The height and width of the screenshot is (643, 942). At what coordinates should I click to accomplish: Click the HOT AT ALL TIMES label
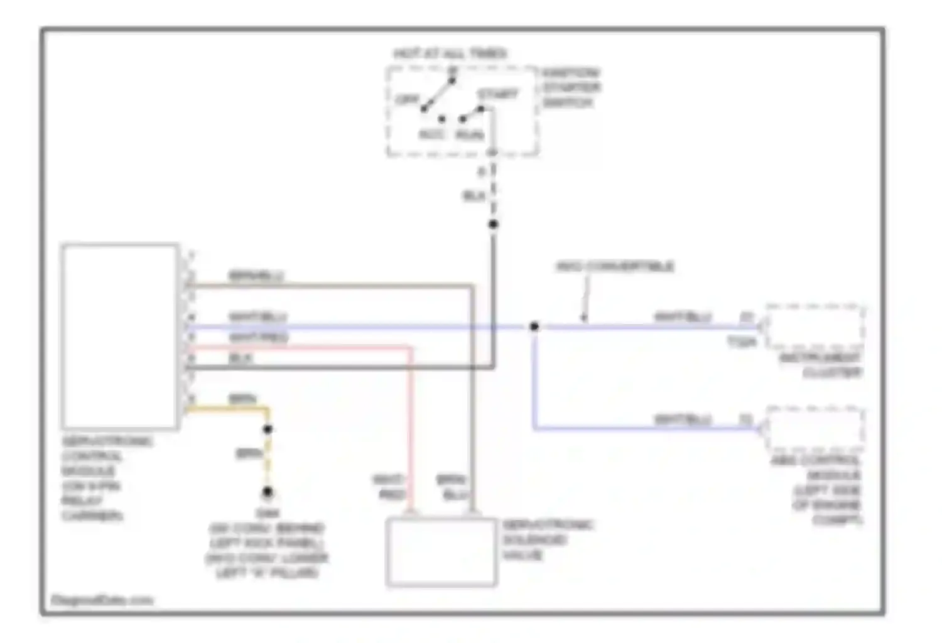pyautogui.click(x=450, y=53)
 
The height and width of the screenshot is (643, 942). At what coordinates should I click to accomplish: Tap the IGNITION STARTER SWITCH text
pyautogui.click(x=571, y=87)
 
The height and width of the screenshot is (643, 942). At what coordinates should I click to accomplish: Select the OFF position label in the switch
pyautogui.click(x=408, y=100)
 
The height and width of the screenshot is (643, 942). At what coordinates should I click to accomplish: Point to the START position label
pyautogui.click(x=498, y=94)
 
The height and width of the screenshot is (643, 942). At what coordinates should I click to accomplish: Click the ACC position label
pyautogui.click(x=431, y=134)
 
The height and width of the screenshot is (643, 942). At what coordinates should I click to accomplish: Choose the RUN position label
pyautogui.click(x=470, y=135)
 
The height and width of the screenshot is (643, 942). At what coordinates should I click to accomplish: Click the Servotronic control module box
pyautogui.click(x=119, y=336)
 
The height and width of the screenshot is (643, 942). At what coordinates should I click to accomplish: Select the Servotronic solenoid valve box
pyautogui.click(x=441, y=552)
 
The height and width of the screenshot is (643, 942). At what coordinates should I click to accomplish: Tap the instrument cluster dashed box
pyautogui.click(x=815, y=327)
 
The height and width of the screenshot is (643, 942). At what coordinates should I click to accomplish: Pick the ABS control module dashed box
pyautogui.click(x=815, y=429)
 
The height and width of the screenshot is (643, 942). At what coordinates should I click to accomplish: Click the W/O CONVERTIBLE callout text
pyautogui.click(x=615, y=266)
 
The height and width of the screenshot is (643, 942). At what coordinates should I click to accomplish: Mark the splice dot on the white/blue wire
pyautogui.click(x=534, y=327)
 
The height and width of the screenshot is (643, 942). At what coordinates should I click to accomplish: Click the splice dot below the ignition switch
pyautogui.click(x=494, y=224)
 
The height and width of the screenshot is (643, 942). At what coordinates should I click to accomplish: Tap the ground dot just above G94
pyautogui.click(x=268, y=492)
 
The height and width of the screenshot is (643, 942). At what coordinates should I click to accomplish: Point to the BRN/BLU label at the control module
pyautogui.click(x=256, y=276)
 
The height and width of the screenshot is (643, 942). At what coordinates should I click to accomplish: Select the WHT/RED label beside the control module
pyautogui.click(x=258, y=337)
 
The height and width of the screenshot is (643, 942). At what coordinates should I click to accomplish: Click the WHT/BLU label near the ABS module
pyautogui.click(x=683, y=419)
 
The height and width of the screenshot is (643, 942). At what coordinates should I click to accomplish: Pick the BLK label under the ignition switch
pyautogui.click(x=474, y=196)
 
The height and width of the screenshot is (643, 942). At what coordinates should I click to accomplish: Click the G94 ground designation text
pyautogui.click(x=268, y=512)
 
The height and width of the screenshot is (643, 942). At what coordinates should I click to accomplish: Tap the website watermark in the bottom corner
pyautogui.click(x=102, y=600)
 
